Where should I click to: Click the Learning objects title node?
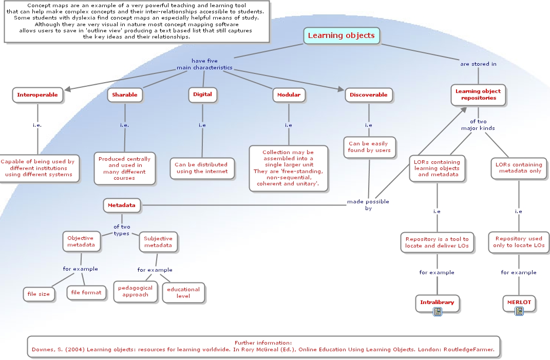[x=341, y=35]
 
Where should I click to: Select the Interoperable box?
[x=37, y=95]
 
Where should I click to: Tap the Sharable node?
[x=125, y=95]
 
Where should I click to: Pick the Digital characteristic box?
[x=202, y=94]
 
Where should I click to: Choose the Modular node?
[x=289, y=95]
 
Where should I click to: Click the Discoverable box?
[x=368, y=95]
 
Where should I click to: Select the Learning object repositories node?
[x=478, y=94]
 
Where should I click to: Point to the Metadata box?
[x=122, y=205]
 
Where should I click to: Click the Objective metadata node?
[x=81, y=241]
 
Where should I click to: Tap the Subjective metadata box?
[x=158, y=242]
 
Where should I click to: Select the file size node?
[x=39, y=294]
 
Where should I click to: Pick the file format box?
[x=86, y=293]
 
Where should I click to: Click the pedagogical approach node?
[x=136, y=291]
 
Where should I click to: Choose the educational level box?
[x=183, y=293]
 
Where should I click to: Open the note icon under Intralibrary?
[x=438, y=312]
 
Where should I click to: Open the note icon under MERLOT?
[x=519, y=311]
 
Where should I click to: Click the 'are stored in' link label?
[x=478, y=64]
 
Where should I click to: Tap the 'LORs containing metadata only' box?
[x=519, y=168]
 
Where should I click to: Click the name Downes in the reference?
[x=44, y=350]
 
